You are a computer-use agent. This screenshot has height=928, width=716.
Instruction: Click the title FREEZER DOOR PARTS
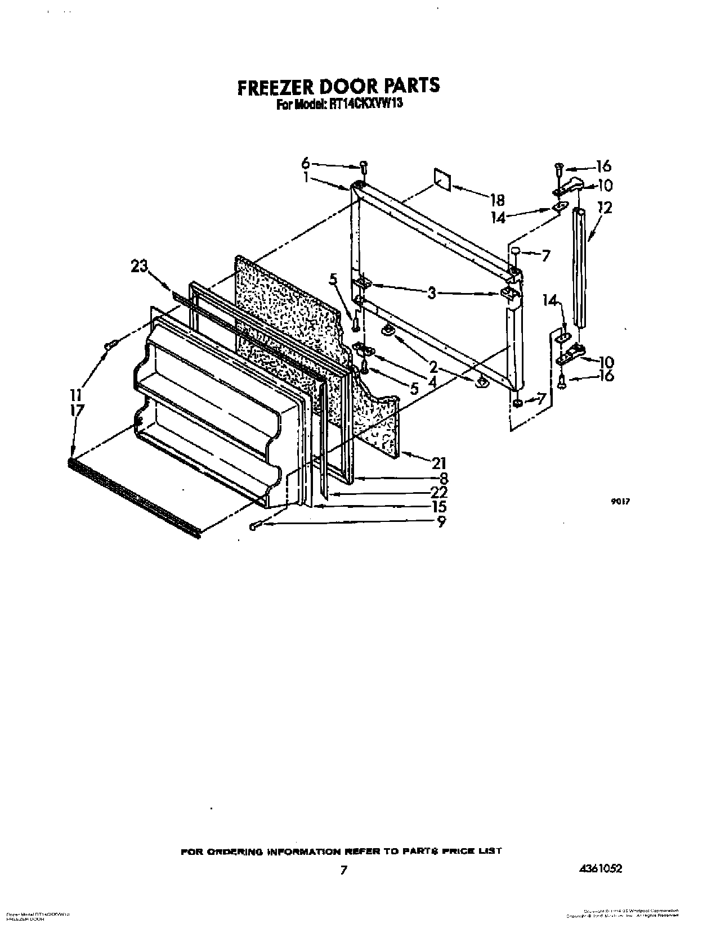(338, 85)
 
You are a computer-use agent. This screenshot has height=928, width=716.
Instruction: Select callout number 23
(139, 266)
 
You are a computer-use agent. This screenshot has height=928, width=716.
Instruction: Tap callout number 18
(497, 200)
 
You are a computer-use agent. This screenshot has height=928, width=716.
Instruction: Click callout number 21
(438, 463)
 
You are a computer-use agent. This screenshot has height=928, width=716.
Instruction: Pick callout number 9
(441, 522)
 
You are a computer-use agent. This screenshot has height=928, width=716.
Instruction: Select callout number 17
(77, 410)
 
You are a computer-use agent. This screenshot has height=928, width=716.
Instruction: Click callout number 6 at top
(306, 163)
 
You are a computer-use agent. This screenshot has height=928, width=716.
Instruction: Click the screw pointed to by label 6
(364, 166)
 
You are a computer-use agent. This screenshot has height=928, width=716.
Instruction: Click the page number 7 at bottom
(343, 870)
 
